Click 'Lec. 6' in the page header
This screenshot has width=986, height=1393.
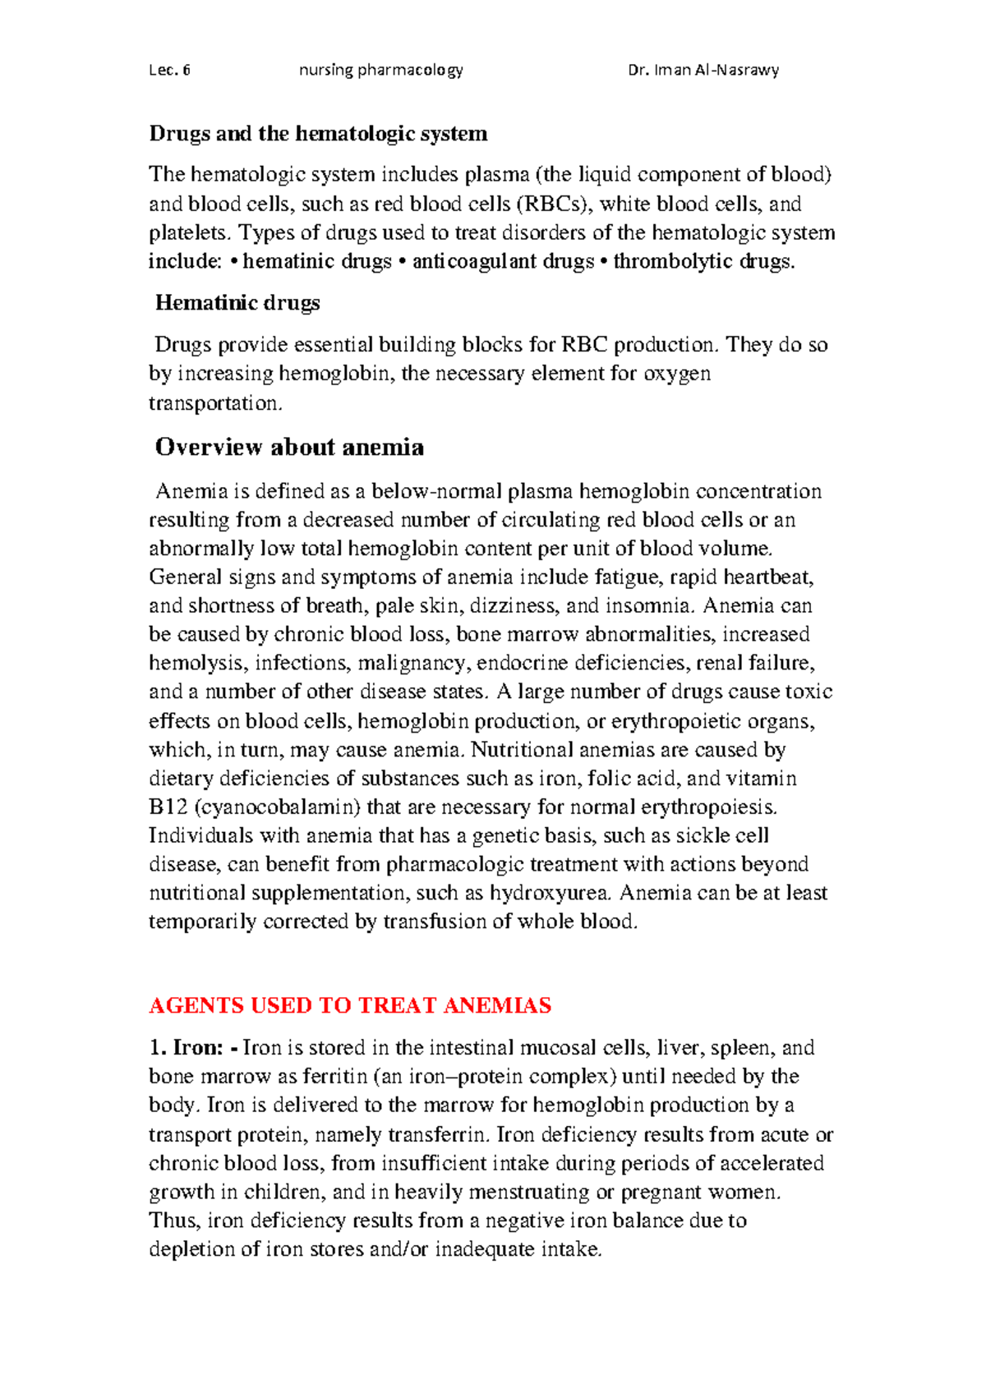point(169,70)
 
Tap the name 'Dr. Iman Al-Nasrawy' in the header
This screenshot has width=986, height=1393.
point(703,70)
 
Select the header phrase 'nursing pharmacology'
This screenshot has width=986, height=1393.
point(380,70)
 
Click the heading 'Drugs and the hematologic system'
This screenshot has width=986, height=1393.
point(318,133)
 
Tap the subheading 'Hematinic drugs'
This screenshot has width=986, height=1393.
point(237,303)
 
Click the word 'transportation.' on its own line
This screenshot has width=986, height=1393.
point(215,402)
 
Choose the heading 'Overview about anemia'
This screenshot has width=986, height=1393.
point(289,447)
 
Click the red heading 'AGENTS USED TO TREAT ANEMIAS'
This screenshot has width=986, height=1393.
point(349,1005)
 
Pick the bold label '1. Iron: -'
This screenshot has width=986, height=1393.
point(194,1048)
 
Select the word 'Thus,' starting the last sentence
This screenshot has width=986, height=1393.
point(174,1221)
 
